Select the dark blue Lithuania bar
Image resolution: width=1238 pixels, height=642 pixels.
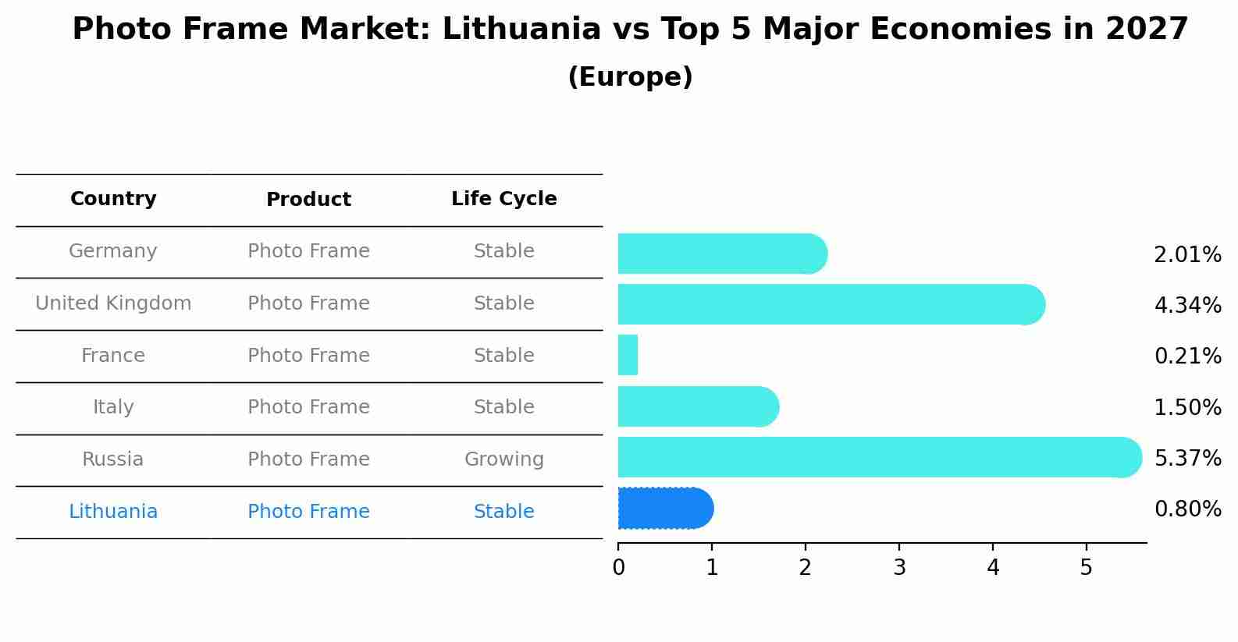click(x=665, y=509)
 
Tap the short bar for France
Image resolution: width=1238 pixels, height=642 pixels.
click(x=628, y=356)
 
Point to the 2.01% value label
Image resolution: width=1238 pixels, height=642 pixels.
click(x=1187, y=255)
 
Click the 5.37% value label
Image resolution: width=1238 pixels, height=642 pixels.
click(x=1187, y=458)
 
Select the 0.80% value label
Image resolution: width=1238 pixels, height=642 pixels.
click(x=1187, y=509)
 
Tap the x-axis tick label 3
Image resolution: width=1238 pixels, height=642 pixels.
click(x=899, y=568)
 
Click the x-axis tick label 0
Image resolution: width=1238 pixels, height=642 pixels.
click(x=618, y=568)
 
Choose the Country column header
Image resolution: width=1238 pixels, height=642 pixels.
click(x=113, y=199)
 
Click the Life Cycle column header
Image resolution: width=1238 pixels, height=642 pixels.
click(x=503, y=199)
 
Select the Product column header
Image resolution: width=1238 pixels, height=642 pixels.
click(x=308, y=200)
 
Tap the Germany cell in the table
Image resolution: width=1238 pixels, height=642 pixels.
click(x=113, y=251)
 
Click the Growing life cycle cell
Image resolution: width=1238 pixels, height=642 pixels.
click(x=503, y=459)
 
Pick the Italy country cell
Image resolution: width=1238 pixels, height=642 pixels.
click(x=113, y=407)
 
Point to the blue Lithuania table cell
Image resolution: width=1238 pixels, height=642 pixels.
click(x=113, y=512)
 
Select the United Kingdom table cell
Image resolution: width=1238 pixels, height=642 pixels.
click(x=113, y=303)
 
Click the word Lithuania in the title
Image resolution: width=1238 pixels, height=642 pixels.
click(x=521, y=30)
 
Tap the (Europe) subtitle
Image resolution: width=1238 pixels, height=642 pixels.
click(x=630, y=77)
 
